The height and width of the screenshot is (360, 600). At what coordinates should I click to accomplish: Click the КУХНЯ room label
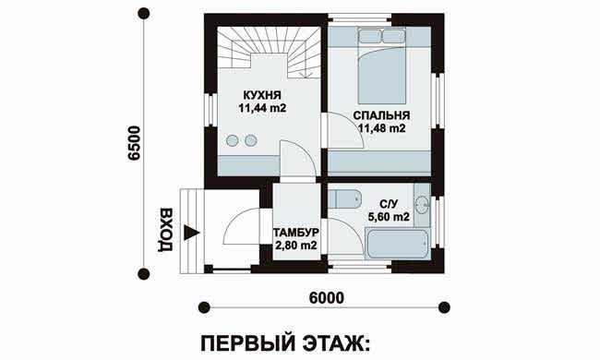pyautogui.click(x=262, y=95)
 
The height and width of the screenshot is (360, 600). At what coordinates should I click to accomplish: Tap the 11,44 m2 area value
pyautogui.click(x=262, y=108)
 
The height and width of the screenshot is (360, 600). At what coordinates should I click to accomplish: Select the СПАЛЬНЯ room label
pyautogui.click(x=381, y=115)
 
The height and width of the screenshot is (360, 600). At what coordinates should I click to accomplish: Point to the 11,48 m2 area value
pyautogui.click(x=381, y=128)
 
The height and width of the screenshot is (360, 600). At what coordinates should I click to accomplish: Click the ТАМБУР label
pyautogui.click(x=296, y=233)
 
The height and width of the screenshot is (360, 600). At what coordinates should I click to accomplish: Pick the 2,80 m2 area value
pyautogui.click(x=296, y=246)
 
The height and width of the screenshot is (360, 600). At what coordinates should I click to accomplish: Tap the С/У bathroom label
pyautogui.click(x=389, y=204)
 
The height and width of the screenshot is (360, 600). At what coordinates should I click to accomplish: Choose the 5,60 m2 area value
pyautogui.click(x=389, y=217)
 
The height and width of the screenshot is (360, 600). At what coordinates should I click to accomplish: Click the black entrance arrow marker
pyautogui.click(x=191, y=233)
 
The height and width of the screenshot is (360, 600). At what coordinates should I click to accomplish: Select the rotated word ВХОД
pyautogui.click(x=165, y=230)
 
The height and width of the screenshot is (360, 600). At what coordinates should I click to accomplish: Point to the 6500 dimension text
pyautogui.click(x=135, y=143)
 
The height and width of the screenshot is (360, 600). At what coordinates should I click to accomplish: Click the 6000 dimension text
pyautogui.click(x=326, y=298)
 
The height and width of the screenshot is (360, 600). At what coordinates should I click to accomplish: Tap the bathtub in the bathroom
pyautogui.click(x=397, y=244)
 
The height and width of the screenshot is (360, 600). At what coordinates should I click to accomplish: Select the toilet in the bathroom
pyautogui.click(x=344, y=198)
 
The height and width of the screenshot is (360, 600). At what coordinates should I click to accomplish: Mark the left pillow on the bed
pyautogui.click(x=369, y=36)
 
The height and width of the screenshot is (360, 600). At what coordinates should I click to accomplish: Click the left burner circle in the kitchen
pyautogui.click(x=232, y=141)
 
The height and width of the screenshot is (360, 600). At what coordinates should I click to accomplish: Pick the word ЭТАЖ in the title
pyautogui.click(x=337, y=342)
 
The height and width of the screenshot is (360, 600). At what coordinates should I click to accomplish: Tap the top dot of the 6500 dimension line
pyautogui.click(x=143, y=14)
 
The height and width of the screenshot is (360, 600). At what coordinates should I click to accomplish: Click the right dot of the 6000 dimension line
pyautogui.click(x=444, y=307)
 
